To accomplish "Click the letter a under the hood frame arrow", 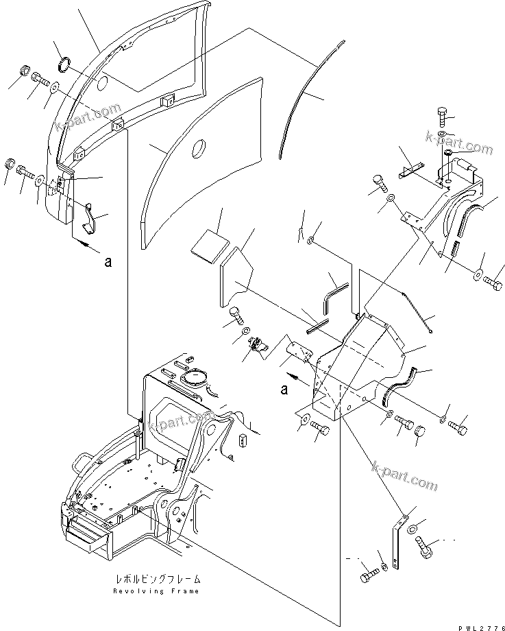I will tap(107, 261).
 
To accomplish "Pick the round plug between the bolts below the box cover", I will tap(421, 433).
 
